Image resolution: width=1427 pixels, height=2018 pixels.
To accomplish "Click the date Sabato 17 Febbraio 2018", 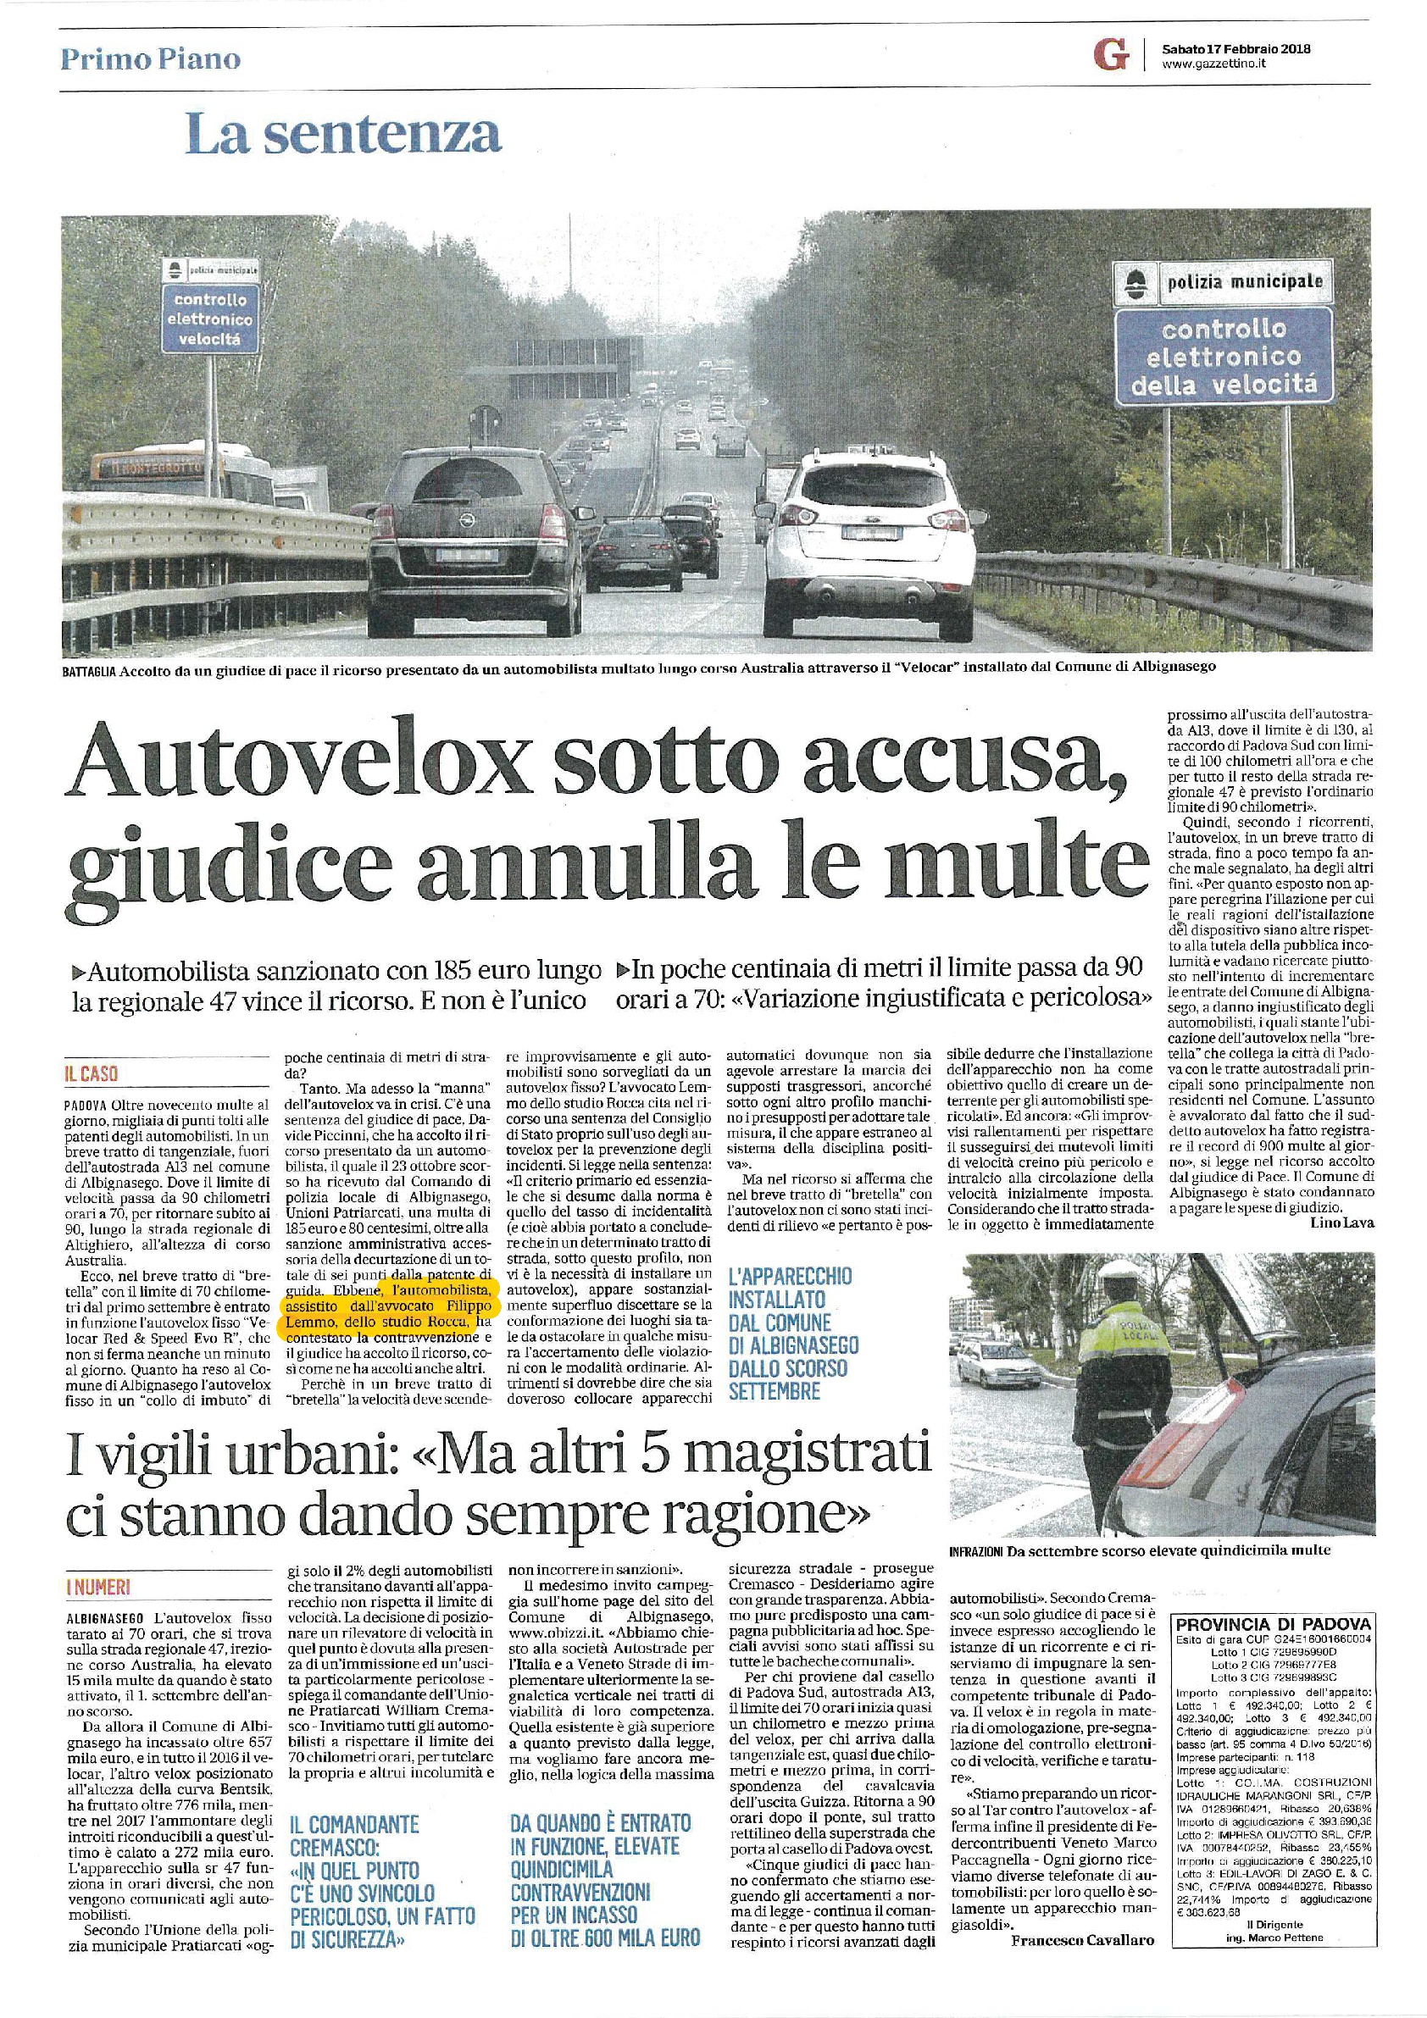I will click(1235, 49).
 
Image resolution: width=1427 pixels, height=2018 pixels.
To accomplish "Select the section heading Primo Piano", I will click(150, 59).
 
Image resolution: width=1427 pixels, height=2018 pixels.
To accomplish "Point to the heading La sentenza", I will click(344, 135).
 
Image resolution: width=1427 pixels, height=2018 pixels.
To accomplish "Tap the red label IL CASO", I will click(92, 1074).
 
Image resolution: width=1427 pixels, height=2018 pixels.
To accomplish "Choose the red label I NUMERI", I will click(99, 1588).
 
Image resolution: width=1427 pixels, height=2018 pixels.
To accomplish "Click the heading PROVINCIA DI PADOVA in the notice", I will click(1271, 1623).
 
